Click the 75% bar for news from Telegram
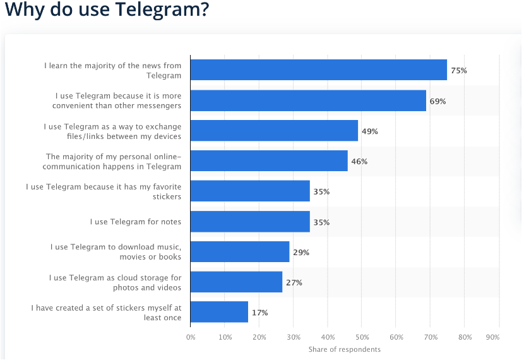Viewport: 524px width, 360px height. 318,70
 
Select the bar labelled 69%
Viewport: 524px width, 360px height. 308,100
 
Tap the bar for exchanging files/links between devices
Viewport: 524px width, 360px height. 274,131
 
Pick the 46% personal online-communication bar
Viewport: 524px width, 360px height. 268,161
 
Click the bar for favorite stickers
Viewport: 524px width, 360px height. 250,191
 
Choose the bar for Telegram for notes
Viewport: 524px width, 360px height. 250,222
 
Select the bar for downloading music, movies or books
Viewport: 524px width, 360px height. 240,252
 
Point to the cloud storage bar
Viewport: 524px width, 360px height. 236,282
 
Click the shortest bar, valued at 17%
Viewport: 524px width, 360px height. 219,313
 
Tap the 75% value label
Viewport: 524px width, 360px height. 459,71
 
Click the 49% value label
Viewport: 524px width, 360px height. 369,131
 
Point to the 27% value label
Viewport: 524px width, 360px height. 294,283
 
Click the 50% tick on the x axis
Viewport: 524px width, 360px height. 362,337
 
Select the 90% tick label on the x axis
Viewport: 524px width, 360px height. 493,337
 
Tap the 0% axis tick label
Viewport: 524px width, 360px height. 191,337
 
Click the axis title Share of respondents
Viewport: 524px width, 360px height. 345,349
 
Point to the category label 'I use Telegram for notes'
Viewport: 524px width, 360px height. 135,222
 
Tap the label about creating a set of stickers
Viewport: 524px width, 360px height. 106,313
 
